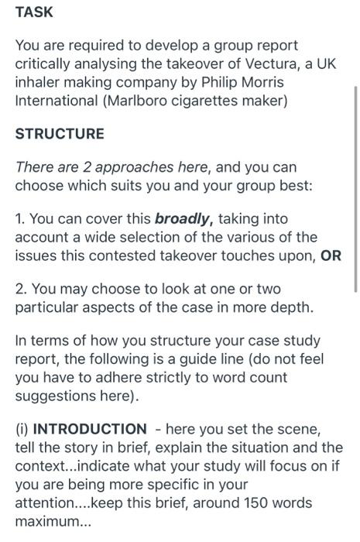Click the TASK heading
tap(34, 12)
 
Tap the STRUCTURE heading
tap(60, 134)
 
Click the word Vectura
tap(273, 63)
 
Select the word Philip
tap(219, 82)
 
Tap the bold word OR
tap(331, 256)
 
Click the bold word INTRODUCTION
tap(90, 429)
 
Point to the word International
tap(57, 101)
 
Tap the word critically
tap(43, 64)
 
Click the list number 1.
tap(19, 219)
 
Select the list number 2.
tap(21, 289)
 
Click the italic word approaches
tap(135, 168)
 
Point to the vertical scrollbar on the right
tap(356, 190)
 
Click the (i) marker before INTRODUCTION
tap(22, 429)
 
